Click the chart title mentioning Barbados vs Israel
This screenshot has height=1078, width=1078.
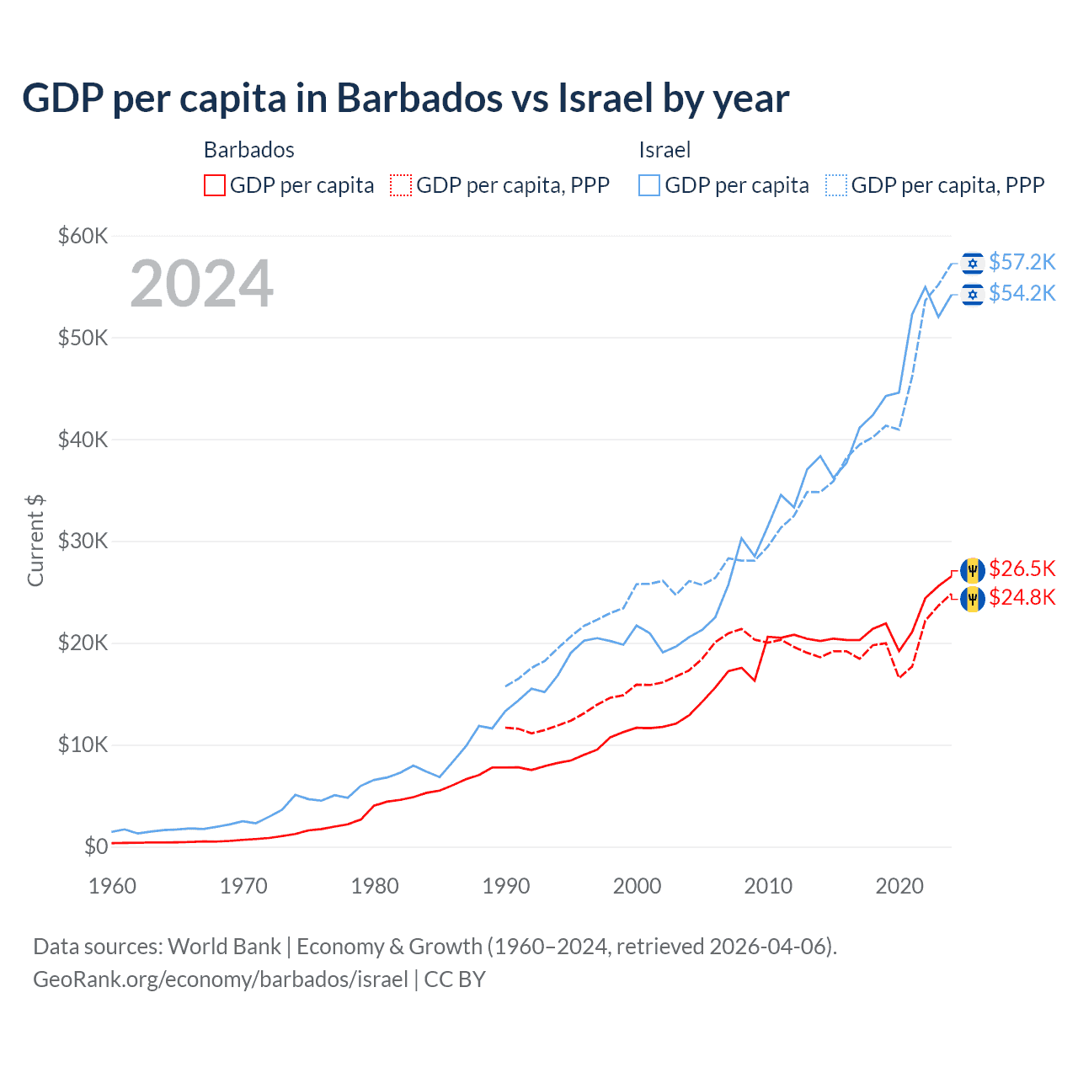(x=405, y=99)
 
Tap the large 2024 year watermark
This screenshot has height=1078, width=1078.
(x=202, y=284)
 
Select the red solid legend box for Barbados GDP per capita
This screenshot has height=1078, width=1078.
(x=215, y=185)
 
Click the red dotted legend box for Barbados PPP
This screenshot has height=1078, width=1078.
(x=402, y=185)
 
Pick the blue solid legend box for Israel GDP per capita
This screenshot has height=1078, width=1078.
(x=649, y=185)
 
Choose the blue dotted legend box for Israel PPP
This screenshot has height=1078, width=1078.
(x=836, y=185)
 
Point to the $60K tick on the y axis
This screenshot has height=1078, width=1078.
(x=83, y=236)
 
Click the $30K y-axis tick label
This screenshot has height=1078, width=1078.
(x=83, y=542)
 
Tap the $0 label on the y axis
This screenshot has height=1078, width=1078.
(x=96, y=846)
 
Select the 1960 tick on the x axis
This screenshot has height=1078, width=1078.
(x=112, y=886)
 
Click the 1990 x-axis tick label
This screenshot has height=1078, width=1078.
(x=506, y=886)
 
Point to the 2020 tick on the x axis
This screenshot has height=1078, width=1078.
(x=899, y=886)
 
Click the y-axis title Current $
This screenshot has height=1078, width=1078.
(x=35, y=541)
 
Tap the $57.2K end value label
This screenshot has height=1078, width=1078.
(x=1022, y=263)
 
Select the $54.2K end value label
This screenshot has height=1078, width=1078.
(x=1022, y=293)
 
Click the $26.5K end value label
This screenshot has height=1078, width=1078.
(x=1022, y=569)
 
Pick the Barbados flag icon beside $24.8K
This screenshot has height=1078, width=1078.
(x=973, y=599)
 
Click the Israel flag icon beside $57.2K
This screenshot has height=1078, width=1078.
(x=973, y=264)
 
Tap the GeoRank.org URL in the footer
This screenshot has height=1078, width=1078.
(x=221, y=979)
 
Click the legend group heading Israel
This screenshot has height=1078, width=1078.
(x=664, y=150)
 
